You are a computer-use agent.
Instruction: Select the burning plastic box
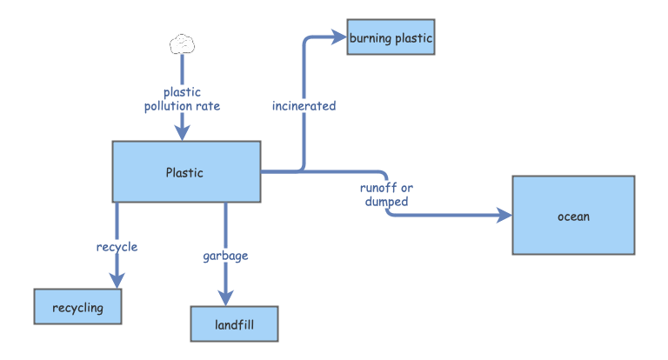coord(391,37)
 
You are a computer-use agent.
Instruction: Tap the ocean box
coord(573,216)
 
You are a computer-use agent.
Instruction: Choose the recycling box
coord(77,307)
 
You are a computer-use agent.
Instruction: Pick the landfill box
coord(234,324)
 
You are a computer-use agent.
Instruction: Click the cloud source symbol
coord(182,43)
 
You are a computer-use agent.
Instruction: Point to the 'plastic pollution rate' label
coord(182,99)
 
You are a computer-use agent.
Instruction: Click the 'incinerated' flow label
coord(304,106)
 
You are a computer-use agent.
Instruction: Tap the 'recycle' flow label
coord(117,247)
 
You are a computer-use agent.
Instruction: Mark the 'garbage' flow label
coord(225,256)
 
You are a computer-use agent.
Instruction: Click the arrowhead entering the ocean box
coord(504,215)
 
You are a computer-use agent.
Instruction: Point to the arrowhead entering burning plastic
coord(338,37)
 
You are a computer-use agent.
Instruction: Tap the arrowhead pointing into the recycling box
coord(117,279)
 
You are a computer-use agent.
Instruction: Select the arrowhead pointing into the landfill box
coord(226,297)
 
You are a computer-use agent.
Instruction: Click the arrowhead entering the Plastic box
coord(182,132)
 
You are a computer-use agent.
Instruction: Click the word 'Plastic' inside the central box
coord(184,172)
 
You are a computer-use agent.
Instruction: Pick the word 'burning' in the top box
coord(371,37)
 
